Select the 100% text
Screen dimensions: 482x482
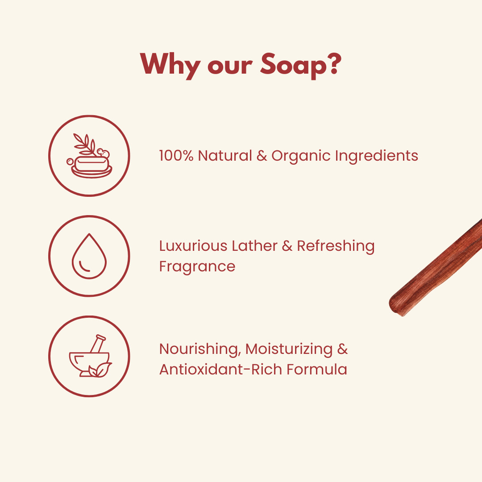tap(176, 156)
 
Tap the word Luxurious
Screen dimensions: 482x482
tap(193, 246)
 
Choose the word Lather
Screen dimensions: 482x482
tap(254, 246)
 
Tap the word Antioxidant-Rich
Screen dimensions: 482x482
tap(220, 370)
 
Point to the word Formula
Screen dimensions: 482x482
tap(316, 370)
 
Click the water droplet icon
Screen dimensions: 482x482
tap(89, 256)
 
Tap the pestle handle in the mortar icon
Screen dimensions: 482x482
tap(98, 343)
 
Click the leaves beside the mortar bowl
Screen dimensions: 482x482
tap(100, 370)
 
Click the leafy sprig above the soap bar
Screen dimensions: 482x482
tap(85, 144)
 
